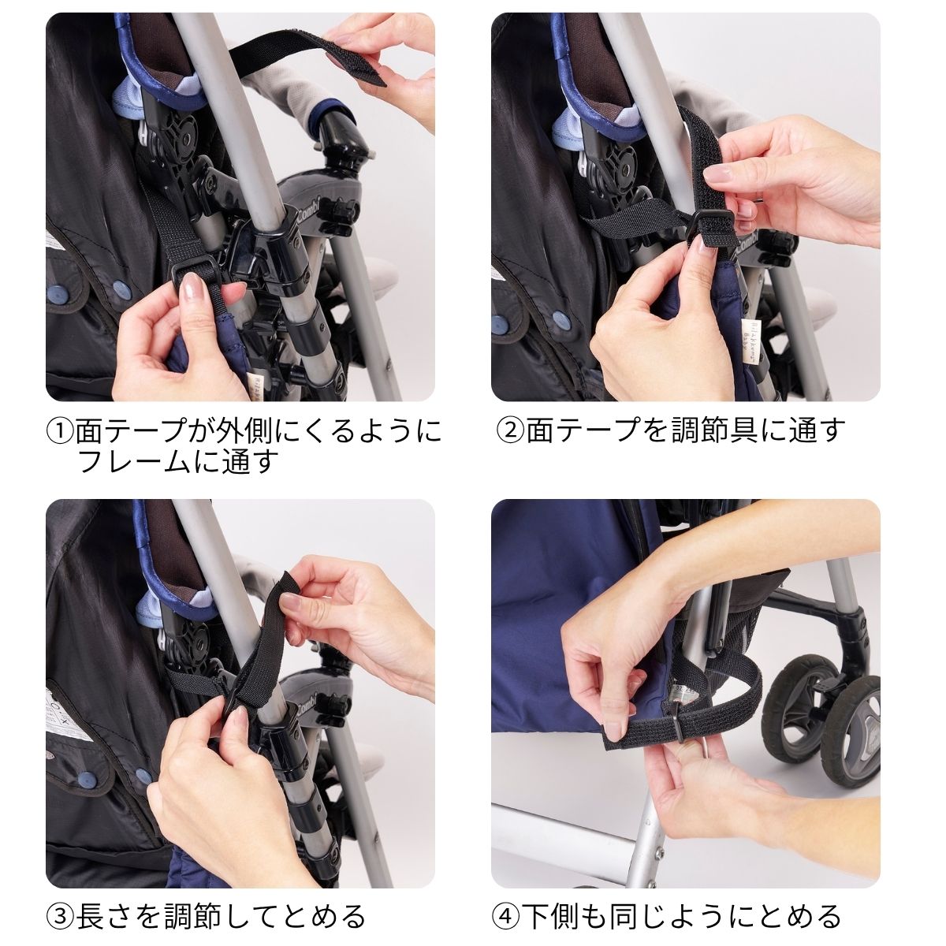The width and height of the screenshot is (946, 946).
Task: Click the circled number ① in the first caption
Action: (x=60, y=430)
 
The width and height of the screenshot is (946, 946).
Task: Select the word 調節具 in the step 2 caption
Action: (x=701, y=430)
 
